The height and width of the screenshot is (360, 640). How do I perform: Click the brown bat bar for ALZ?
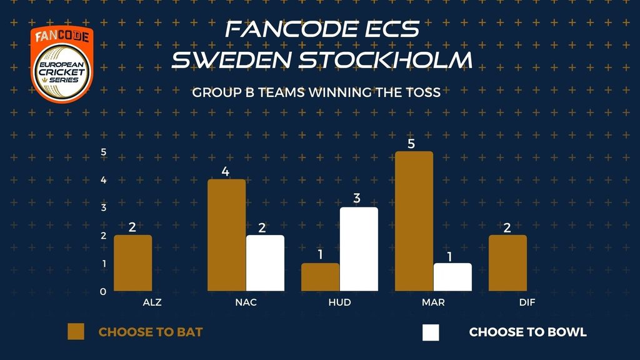(x=132, y=263)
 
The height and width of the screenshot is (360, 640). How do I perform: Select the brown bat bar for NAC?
(x=226, y=235)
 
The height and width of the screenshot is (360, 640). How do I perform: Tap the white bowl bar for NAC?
(x=265, y=263)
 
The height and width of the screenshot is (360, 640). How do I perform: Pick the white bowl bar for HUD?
(x=359, y=249)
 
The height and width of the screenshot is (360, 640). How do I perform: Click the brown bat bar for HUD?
(x=321, y=277)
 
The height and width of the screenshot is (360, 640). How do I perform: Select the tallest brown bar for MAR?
(x=414, y=221)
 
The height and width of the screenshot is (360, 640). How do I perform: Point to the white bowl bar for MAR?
(x=452, y=277)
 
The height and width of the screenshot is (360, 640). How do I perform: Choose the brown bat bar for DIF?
(x=507, y=263)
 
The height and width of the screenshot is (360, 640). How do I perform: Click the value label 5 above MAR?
(x=411, y=144)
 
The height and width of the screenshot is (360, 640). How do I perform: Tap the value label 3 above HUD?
(x=357, y=198)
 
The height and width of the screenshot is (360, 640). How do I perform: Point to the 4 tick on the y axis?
(x=104, y=180)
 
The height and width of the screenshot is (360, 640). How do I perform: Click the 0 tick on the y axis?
(x=103, y=292)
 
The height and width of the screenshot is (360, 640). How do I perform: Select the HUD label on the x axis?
(x=339, y=302)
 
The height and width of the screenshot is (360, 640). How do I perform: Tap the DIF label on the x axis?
(x=527, y=302)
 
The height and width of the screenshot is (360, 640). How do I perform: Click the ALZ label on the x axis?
(x=152, y=302)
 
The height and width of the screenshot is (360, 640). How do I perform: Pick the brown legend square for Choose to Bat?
(x=76, y=332)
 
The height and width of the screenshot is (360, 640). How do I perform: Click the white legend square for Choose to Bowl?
(x=431, y=332)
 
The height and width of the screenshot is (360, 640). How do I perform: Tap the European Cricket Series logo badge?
(x=62, y=64)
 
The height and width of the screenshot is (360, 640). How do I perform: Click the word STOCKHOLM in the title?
(x=385, y=60)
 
